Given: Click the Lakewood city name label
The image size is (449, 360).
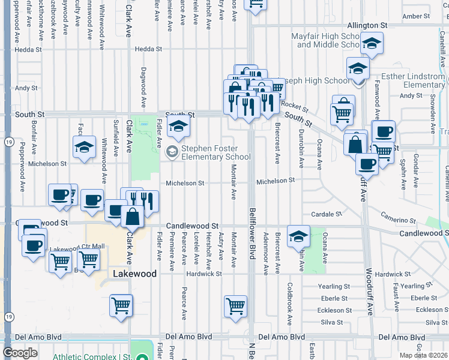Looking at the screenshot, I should pos(135,274).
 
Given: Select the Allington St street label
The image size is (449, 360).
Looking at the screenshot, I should pos(367,26).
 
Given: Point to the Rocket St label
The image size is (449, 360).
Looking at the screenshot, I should pos(294,107).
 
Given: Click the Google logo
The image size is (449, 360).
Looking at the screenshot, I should pos(20,353).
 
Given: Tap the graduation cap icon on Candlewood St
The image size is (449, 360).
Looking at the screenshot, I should pos(298,236).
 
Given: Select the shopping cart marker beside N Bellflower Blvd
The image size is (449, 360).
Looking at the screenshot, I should pos(235,305).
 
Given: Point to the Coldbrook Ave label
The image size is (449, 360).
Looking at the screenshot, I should pos(290,296).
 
